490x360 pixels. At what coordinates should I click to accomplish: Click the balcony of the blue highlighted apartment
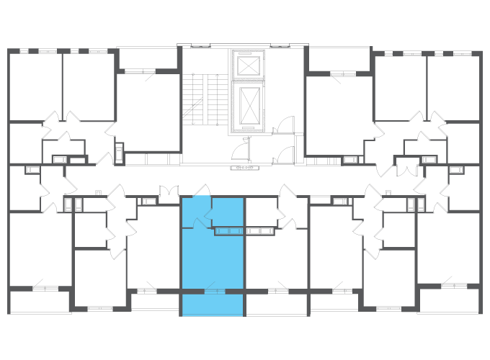coord(213,305)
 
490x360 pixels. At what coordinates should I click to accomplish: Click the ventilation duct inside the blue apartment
coord(230,231)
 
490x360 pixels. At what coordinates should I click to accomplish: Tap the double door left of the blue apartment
coord(169,194)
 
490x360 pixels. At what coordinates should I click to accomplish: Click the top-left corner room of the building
coord(35,86)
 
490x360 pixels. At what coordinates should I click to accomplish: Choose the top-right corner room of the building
coord(454,86)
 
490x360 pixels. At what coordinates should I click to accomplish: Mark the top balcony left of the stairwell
coord(147,58)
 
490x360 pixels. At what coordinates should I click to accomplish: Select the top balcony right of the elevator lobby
coord(339,58)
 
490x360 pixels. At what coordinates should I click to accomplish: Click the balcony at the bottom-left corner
coord(40,302)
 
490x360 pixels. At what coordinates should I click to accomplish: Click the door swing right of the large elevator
coord(284,126)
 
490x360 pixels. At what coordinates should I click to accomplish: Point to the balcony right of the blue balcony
coord(277,305)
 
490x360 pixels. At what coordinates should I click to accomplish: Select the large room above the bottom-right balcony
coord(448,248)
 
